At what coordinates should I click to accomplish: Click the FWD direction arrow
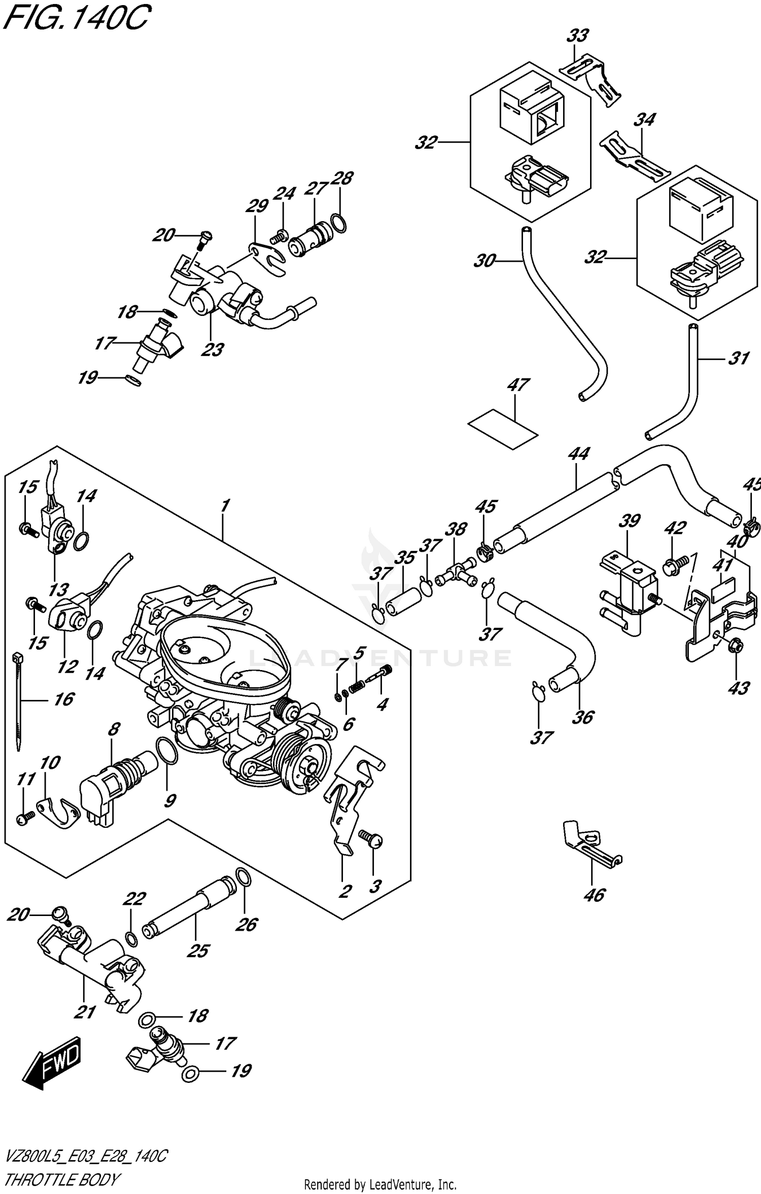(53, 1063)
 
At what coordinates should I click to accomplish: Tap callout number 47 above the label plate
(517, 385)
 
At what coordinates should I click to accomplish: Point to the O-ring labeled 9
(165, 750)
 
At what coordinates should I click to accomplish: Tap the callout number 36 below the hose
(582, 717)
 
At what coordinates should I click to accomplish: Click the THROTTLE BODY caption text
(61, 1166)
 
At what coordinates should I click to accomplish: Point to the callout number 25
(197, 951)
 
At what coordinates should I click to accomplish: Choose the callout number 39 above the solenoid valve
(630, 521)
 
